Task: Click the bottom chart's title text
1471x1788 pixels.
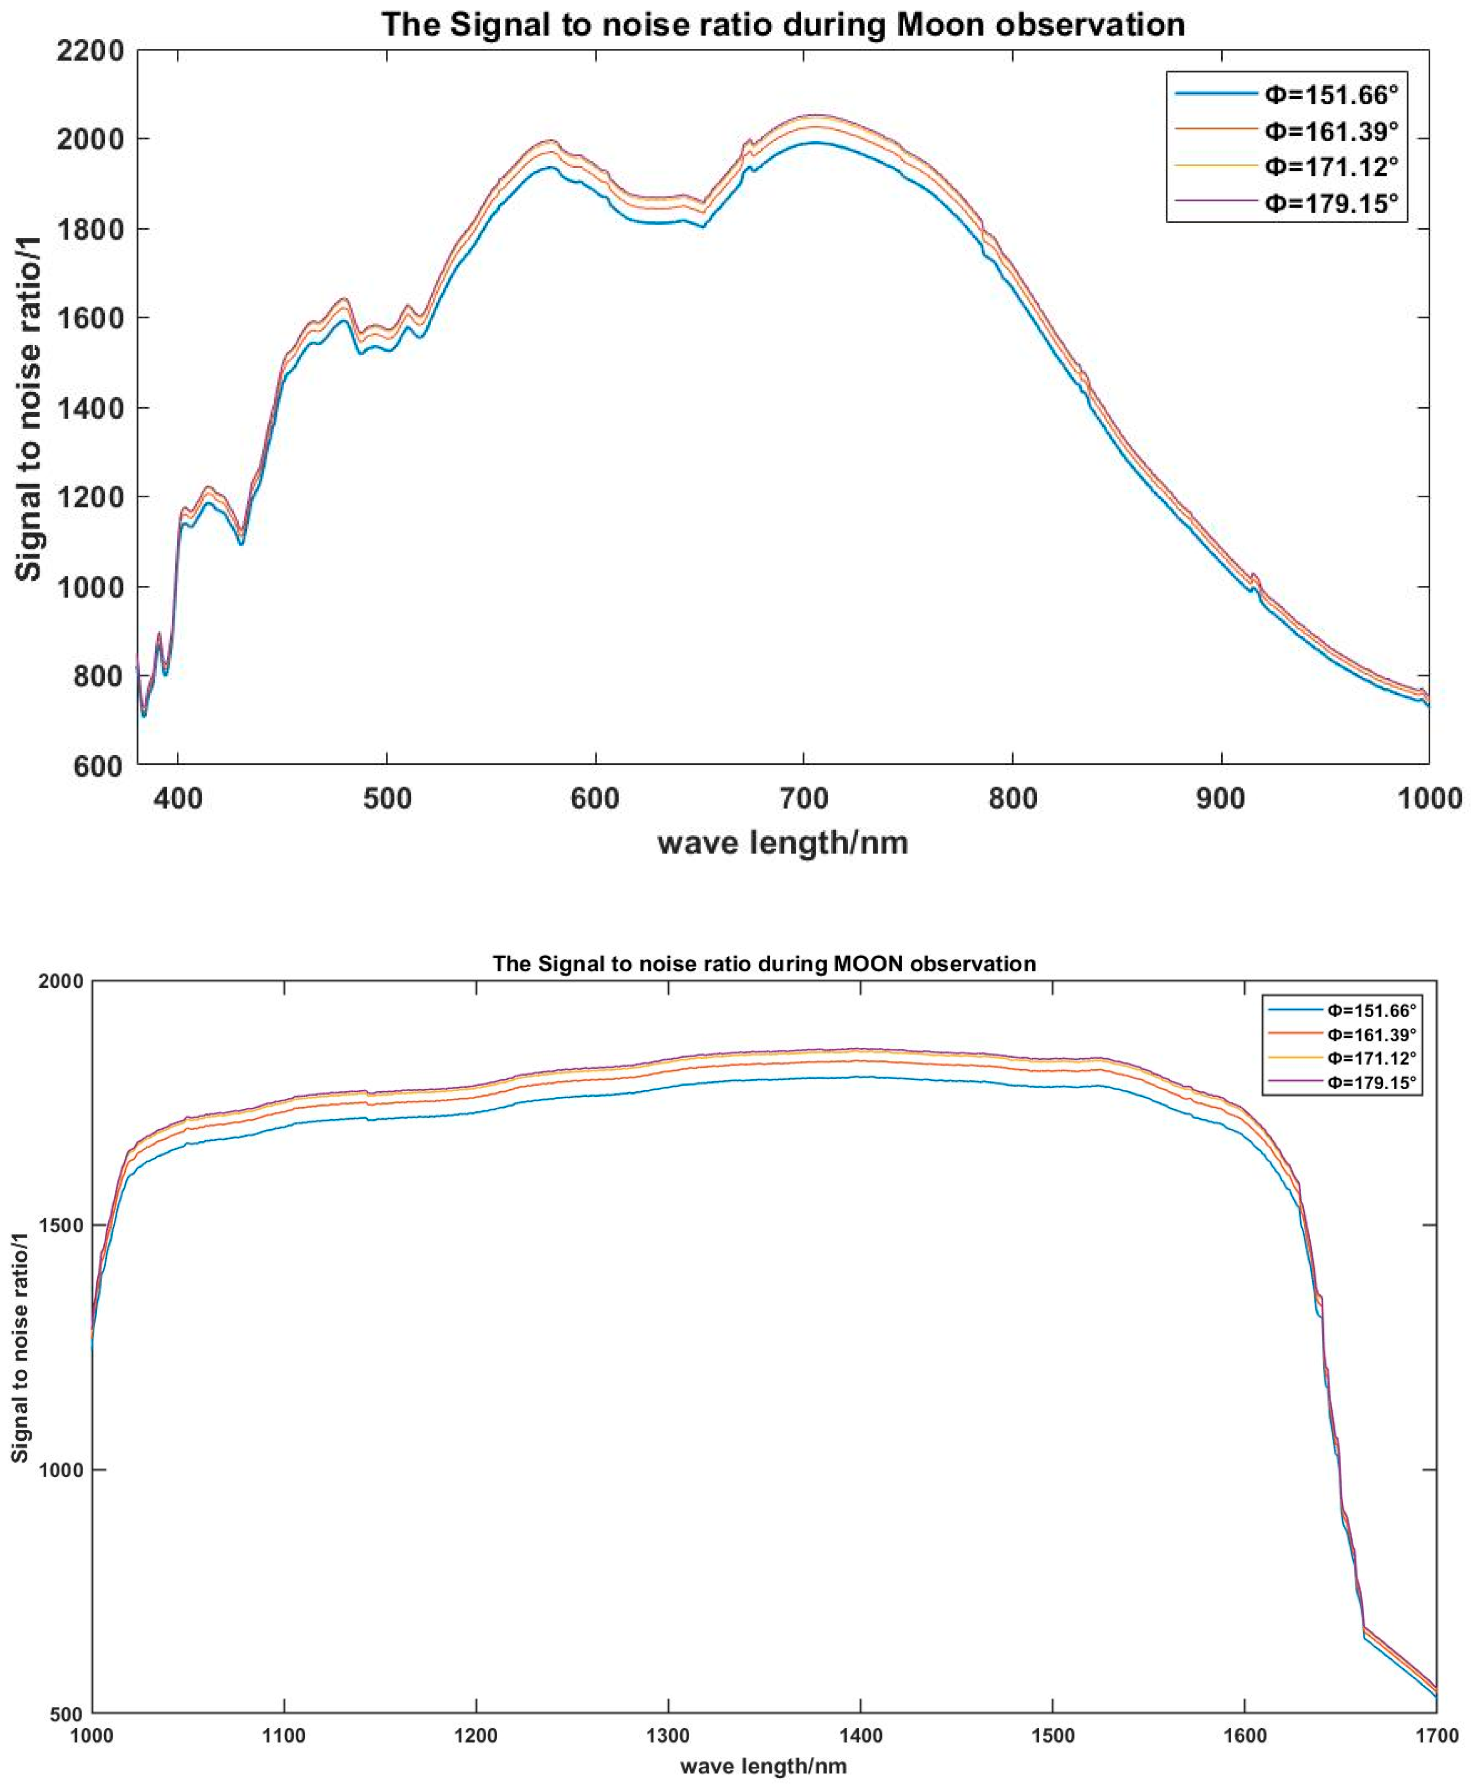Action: [764, 963]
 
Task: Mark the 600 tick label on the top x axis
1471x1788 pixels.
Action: [595, 798]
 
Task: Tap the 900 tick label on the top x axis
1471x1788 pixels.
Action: [1221, 798]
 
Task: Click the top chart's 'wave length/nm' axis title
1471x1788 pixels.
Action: [783, 842]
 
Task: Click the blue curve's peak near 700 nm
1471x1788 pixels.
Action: [814, 143]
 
